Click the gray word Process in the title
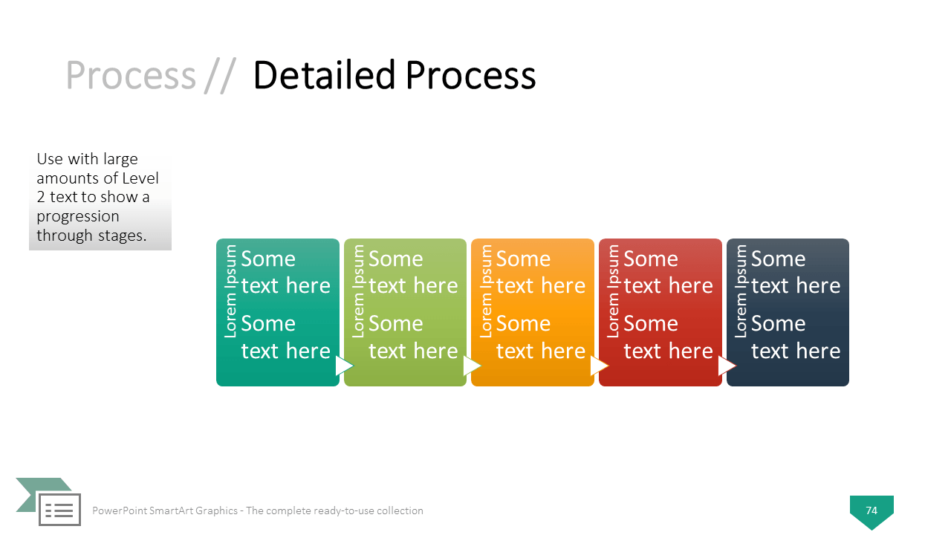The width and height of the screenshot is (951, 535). click(130, 75)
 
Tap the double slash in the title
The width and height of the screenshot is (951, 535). click(220, 77)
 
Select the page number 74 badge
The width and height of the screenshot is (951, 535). click(872, 510)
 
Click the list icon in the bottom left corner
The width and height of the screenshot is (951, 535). click(59, 510)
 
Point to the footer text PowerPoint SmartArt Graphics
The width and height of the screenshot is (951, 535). click(165, 510)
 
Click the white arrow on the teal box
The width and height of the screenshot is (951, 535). click(344, 366)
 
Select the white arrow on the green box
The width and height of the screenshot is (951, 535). click(472, 366)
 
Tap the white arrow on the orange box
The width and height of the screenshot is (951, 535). click(599, 366)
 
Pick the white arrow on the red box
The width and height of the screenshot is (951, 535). click(727, 366)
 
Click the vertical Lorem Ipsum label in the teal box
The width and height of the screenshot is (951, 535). click(231, 292)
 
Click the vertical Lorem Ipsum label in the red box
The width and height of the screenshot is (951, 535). click(614, 292)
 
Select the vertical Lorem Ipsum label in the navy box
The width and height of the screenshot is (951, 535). click(741, 292)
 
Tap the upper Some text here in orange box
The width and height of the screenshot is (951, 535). click(540, 272)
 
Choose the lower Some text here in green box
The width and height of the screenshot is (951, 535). click(413, 337)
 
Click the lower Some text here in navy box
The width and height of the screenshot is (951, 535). click(795, 337)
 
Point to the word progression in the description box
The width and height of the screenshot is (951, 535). click(78, 216)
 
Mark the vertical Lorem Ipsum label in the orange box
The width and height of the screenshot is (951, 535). click(486, 292)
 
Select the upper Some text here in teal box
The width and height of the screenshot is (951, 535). click(285, 272)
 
